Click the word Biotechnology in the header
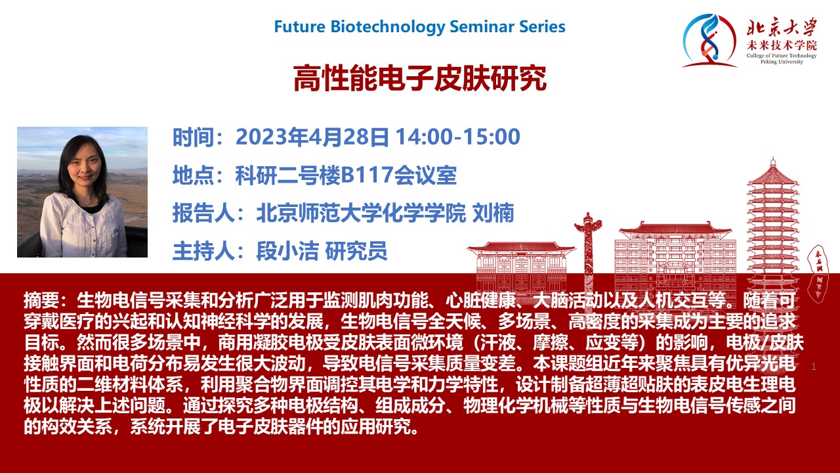pos(388,27)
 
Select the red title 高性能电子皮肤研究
pos(420,78)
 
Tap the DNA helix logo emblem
pos(709,41)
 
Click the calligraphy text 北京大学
pos(782,28)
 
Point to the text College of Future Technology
pos(782,56)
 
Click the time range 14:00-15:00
pos(458,137)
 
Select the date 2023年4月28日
pos(312,137)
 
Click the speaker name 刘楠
pos(493,214)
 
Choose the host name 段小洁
pos(287,251)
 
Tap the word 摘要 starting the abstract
pos(41,300)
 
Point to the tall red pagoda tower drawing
pos(772,225)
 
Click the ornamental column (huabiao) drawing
pos(588,252)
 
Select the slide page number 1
pos(813,367)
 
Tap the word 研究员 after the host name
pos(356,251)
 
